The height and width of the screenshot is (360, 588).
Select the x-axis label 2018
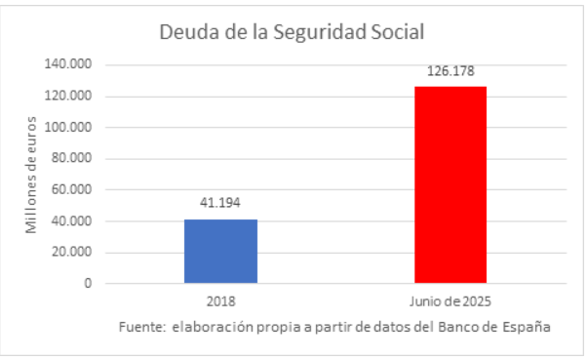click(x=220, y=302)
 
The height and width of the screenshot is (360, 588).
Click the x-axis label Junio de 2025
click(x=451, y=302)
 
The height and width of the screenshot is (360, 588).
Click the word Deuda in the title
click(x=186, y=32)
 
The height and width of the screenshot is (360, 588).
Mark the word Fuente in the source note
click(x=140, y=327)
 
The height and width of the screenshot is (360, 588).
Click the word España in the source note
click(x=528, y=327)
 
